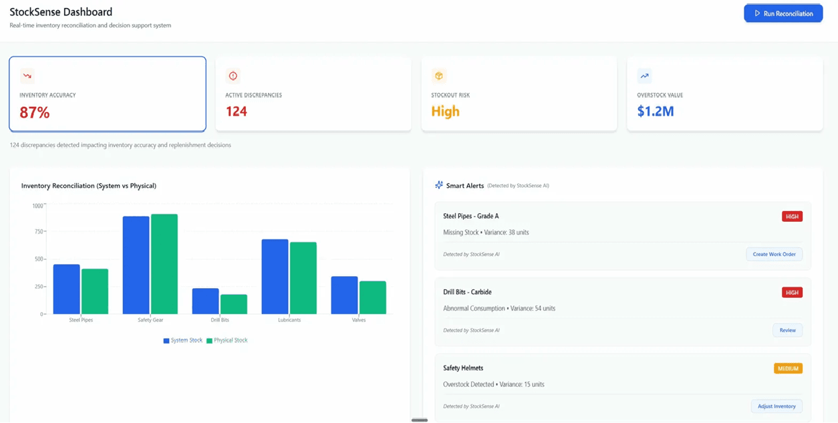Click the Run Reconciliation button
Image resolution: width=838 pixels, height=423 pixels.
pyautogui.click(x=783, y=13)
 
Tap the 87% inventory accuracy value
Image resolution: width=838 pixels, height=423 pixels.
pyautogui.click(x=35, y=112)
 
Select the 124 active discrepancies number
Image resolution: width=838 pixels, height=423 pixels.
pyautogui.click(x=236, y=112)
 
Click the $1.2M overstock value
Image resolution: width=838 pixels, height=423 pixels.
pyautogui.click(x=655, y=112)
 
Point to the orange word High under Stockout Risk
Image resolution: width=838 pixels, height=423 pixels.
pyautogui.click(x=445, y=112)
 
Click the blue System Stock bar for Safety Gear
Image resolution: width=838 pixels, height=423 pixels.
pyautogui.click(x=136, y=265)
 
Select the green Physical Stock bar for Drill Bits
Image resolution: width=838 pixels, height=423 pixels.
pyautogui.click(x=234, y=304)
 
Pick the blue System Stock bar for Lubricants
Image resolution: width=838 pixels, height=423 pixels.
pyautogui.click(x=275, y=276)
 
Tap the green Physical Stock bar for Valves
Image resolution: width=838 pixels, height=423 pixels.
pyautogui.click(x=373, y=297)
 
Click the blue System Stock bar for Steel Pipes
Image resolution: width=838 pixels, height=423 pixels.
pyautogui.click(x=66, y=289)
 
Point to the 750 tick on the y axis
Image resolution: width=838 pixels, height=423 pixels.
pyautogui.click(x=37, y=232)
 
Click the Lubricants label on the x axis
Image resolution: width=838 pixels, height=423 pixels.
pyautogui.click(x=289, y=320)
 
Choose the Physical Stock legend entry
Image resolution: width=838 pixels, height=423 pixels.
pyautogui.click(x=227, y=340)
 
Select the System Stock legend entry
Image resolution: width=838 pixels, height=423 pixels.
pyautogui.click(x=183, y=340)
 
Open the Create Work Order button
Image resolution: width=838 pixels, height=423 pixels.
pyautogui.click(x=774, y=254)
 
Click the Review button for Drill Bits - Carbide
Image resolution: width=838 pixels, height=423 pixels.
pyautogui.click(x=787, y=330)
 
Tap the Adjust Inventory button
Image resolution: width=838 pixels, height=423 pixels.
pyautogui.click(x=777, y=406)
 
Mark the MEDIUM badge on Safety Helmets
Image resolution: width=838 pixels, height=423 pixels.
pyautogui.click(x=788, y=368)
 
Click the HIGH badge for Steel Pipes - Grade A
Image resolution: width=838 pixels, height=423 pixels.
pyautogui.click(x=792, y=217)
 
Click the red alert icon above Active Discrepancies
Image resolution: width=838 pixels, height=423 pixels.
pyautogui.click(x=233, y=76)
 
